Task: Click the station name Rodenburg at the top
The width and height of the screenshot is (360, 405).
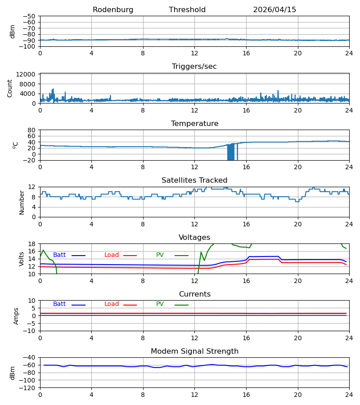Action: [x=113, y=10]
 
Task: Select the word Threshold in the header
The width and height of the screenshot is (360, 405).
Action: [x=187, y=10]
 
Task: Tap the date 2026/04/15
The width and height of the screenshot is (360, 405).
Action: [x=274, y=10]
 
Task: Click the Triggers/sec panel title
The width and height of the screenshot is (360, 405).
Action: [x=194, y=67]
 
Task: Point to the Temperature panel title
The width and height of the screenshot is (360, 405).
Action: [x=194, y=123]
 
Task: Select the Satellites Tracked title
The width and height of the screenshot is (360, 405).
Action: [x=194, y=180]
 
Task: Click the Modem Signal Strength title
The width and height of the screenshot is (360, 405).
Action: [x=194, y=351]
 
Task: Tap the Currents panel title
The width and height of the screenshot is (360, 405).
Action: [x=195, y=294]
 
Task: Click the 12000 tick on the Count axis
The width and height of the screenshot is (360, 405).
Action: [x=26, y=75]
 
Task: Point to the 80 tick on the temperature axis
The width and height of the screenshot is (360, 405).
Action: [x=31, y=130]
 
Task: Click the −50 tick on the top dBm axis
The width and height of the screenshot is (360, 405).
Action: [x=29, y=16]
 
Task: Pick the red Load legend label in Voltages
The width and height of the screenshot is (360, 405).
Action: [x=112, y=255]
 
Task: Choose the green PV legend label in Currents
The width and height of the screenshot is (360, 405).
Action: [x=160, y=304]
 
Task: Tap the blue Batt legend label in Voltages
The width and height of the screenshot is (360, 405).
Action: [x=59, y=255]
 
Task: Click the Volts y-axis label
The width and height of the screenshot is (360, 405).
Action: [x=21, y=259]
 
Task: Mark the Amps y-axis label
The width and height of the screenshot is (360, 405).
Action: [x=16, y=316]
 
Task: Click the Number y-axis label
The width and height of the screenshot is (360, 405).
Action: [x=22, y=203]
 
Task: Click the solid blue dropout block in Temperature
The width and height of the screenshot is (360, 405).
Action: [x=231, y=152]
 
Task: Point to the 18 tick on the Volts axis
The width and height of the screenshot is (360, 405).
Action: [x=31, y=244]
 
